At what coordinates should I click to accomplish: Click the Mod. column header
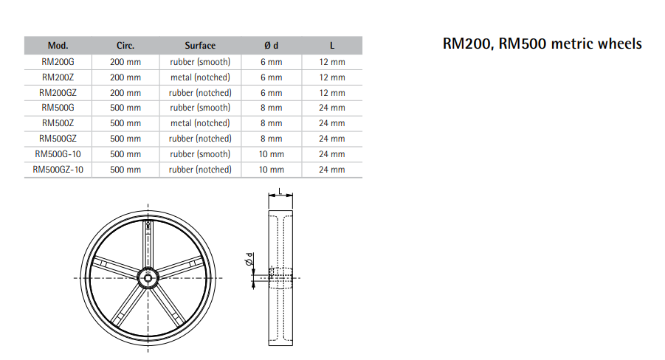pos(58,46)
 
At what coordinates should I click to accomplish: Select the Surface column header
pos(200,46)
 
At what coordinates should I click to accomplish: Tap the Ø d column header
pos(272,46)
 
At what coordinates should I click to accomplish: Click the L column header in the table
pos(332,46)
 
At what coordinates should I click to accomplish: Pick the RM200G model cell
pos(58,62)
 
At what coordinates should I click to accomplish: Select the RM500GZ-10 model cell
pos(58,170)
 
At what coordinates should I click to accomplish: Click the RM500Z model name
pos(58,123)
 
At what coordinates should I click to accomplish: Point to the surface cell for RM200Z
pos(200,77)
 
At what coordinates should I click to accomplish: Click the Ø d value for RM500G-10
pos(272,154)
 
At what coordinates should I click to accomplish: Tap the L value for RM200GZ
pos(332,93)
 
